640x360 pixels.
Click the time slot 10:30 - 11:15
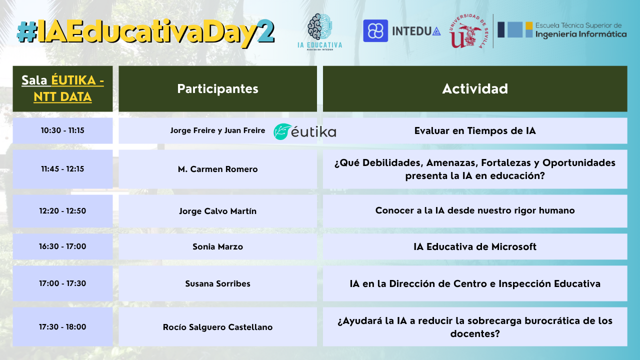(62, 130)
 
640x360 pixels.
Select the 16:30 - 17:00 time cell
(62, 246)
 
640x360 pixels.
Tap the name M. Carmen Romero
(217, 169)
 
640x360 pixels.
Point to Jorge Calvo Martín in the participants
(217, 211)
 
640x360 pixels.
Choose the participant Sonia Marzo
(217, 246)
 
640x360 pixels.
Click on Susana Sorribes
(217, 283)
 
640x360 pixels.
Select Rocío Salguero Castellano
(217, 327)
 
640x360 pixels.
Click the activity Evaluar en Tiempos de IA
(475, 130)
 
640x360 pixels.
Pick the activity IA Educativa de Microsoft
(475, 246)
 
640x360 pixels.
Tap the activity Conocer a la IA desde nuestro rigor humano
(475, 210)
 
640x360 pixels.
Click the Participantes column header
(217, 89)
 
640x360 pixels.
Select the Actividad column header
(475, 89)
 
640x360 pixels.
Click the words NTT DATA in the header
(62, 97)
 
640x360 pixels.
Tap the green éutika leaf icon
(282, 131)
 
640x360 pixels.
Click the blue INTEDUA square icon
(375, 31)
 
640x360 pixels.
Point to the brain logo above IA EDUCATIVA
(319, 26)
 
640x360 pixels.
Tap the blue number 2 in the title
(265, 31)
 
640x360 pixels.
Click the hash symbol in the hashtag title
(27, 32)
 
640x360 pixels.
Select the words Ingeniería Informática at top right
(581, 34)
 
